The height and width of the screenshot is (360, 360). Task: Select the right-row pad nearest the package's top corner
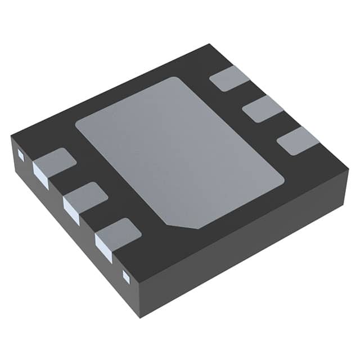[229, 78]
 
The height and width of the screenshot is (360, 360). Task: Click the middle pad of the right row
[263, 109]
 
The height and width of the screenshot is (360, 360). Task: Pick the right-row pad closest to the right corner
[298, 140]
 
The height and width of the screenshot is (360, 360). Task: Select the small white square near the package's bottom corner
[126, 276]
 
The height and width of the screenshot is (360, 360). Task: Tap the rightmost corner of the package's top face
[348, 169]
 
